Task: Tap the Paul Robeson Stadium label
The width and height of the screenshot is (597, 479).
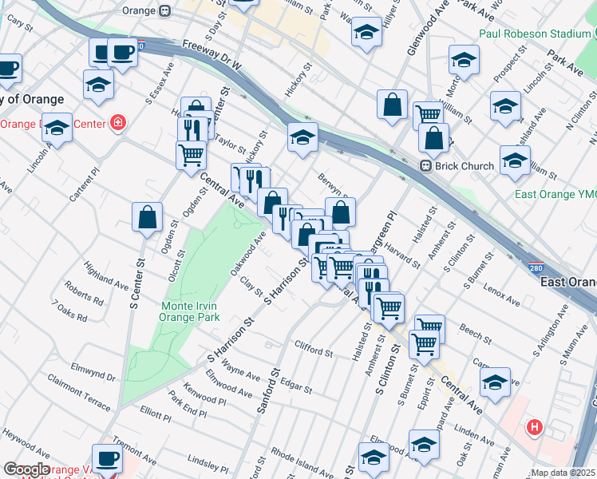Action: pos(535,34)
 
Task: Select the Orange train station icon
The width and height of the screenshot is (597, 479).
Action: pos(165,11)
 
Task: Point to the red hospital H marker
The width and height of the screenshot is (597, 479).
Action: pos(535,429)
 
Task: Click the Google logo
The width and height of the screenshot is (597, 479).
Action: pos(26,469)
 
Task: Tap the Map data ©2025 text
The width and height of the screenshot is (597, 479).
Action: pos(563,473)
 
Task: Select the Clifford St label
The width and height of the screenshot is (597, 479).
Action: pos(313,349)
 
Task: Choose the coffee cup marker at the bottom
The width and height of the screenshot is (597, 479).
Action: pos(107,458)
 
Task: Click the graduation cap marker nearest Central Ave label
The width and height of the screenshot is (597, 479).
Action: pos(495,382)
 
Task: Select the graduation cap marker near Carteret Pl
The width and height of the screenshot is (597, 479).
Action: pos(57,127)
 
